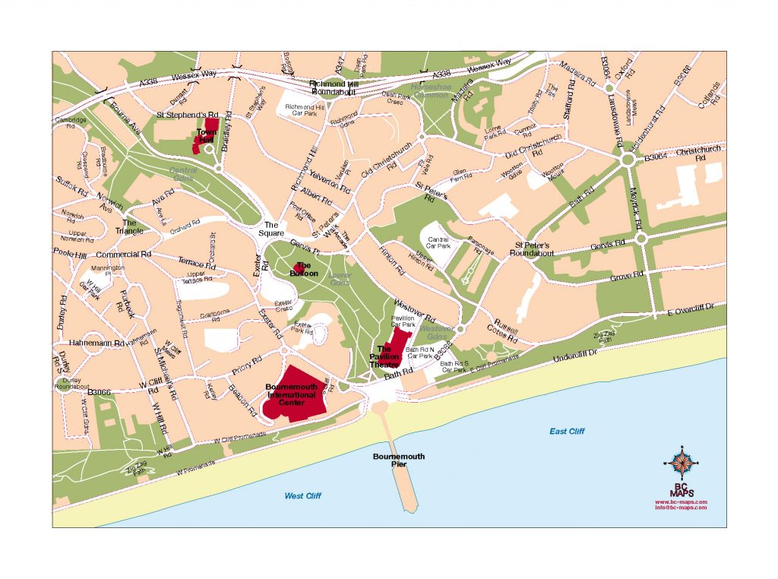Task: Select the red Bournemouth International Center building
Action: [x=295, y=393]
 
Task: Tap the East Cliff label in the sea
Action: [x=567, y=432]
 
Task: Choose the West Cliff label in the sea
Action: [x=303, y=496]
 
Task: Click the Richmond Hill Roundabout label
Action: [x=332, y=87]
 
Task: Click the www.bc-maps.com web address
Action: [x=681, y=501]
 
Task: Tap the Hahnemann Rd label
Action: [x=96, y=343]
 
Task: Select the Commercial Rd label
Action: [x=124, y=255]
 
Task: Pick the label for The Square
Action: [x=272, y=229]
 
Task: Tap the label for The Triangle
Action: [x=129, y=227]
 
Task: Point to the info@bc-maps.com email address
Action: [x=681, y=508]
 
